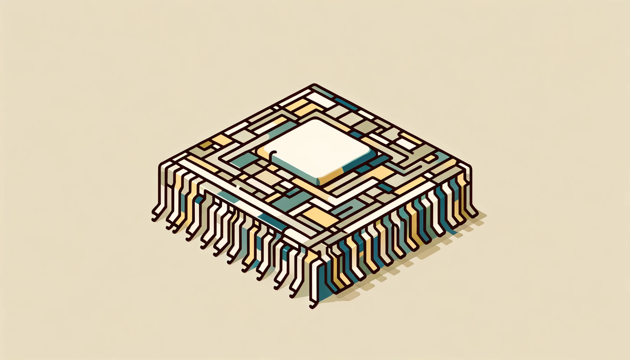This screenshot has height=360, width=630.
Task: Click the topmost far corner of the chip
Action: (x=314, y=85)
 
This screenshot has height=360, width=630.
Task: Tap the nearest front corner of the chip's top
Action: (x=313, y=250)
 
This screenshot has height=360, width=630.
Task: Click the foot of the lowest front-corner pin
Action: (x=313, y=304)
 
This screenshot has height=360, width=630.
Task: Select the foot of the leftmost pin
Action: (x=154, y=215)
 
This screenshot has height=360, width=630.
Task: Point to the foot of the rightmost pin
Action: (x=475, y=215)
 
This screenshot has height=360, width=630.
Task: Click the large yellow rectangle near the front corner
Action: (x=320, y=216)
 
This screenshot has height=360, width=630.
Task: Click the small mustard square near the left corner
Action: (x=206, y=144)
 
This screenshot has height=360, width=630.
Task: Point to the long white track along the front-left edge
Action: (x=231, y=194)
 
